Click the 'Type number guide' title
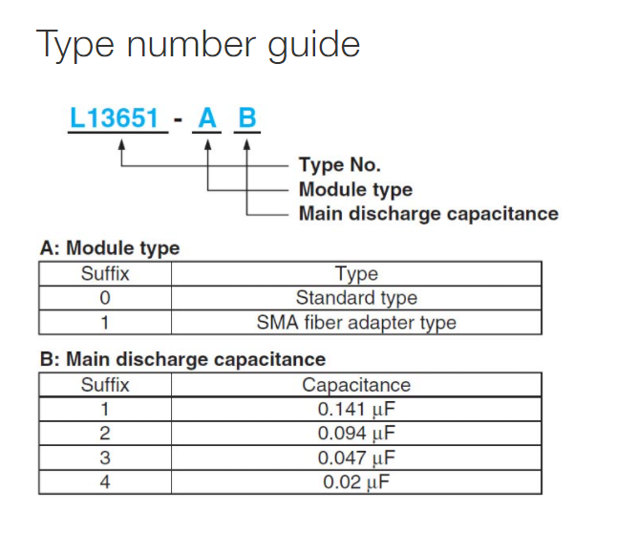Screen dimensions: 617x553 [x=198, y=45]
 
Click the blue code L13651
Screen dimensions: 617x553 [x=114, y=117]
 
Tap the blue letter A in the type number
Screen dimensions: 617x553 [x=207, y=117]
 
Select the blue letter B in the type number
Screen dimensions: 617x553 [x=247, y=117]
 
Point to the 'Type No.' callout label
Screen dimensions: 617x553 [x=340, y=164]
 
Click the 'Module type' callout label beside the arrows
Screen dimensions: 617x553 [x=355, y=189]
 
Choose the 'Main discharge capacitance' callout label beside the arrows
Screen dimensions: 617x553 [x=429, y=214]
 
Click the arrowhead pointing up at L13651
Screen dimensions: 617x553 [x=121, y=144]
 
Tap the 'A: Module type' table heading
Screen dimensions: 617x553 [x=110, y=248]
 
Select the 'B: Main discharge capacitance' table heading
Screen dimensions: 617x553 [x=183, y=359]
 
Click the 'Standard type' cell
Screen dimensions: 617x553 [x=356, y=298]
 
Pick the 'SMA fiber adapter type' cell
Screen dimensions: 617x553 [x=356, y=323]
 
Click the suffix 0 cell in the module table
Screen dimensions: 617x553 [x=105, y=298]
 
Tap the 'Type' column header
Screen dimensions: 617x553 [x=356, y=274]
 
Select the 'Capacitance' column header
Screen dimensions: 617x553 [x=356, y=385]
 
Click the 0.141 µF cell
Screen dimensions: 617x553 [x=356, y=410]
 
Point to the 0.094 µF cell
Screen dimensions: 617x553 [x=356, y=434]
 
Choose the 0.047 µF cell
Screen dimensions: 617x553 [x=356, y=457]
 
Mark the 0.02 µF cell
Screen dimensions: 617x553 [x=356, y=482]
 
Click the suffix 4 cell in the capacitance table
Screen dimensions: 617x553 [x=105, y=482]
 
